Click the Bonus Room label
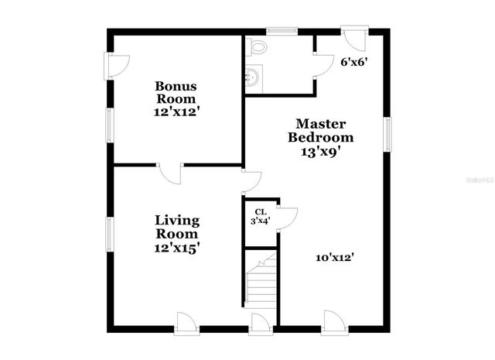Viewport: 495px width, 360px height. [x=176, y=99]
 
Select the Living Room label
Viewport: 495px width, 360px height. [x=176, y=233]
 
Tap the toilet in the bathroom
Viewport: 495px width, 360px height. [x=256, y=47]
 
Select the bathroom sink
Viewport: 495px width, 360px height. [x=253, y=77]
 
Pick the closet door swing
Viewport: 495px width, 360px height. [x=287, y=218]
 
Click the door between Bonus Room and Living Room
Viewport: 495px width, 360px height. [x=169, y=173]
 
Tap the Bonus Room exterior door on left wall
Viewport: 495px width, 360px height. [x=116, y=65]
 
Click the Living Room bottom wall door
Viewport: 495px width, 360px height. [x=187, y=324]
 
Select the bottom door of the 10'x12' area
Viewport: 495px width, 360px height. [x=333, y=323]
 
